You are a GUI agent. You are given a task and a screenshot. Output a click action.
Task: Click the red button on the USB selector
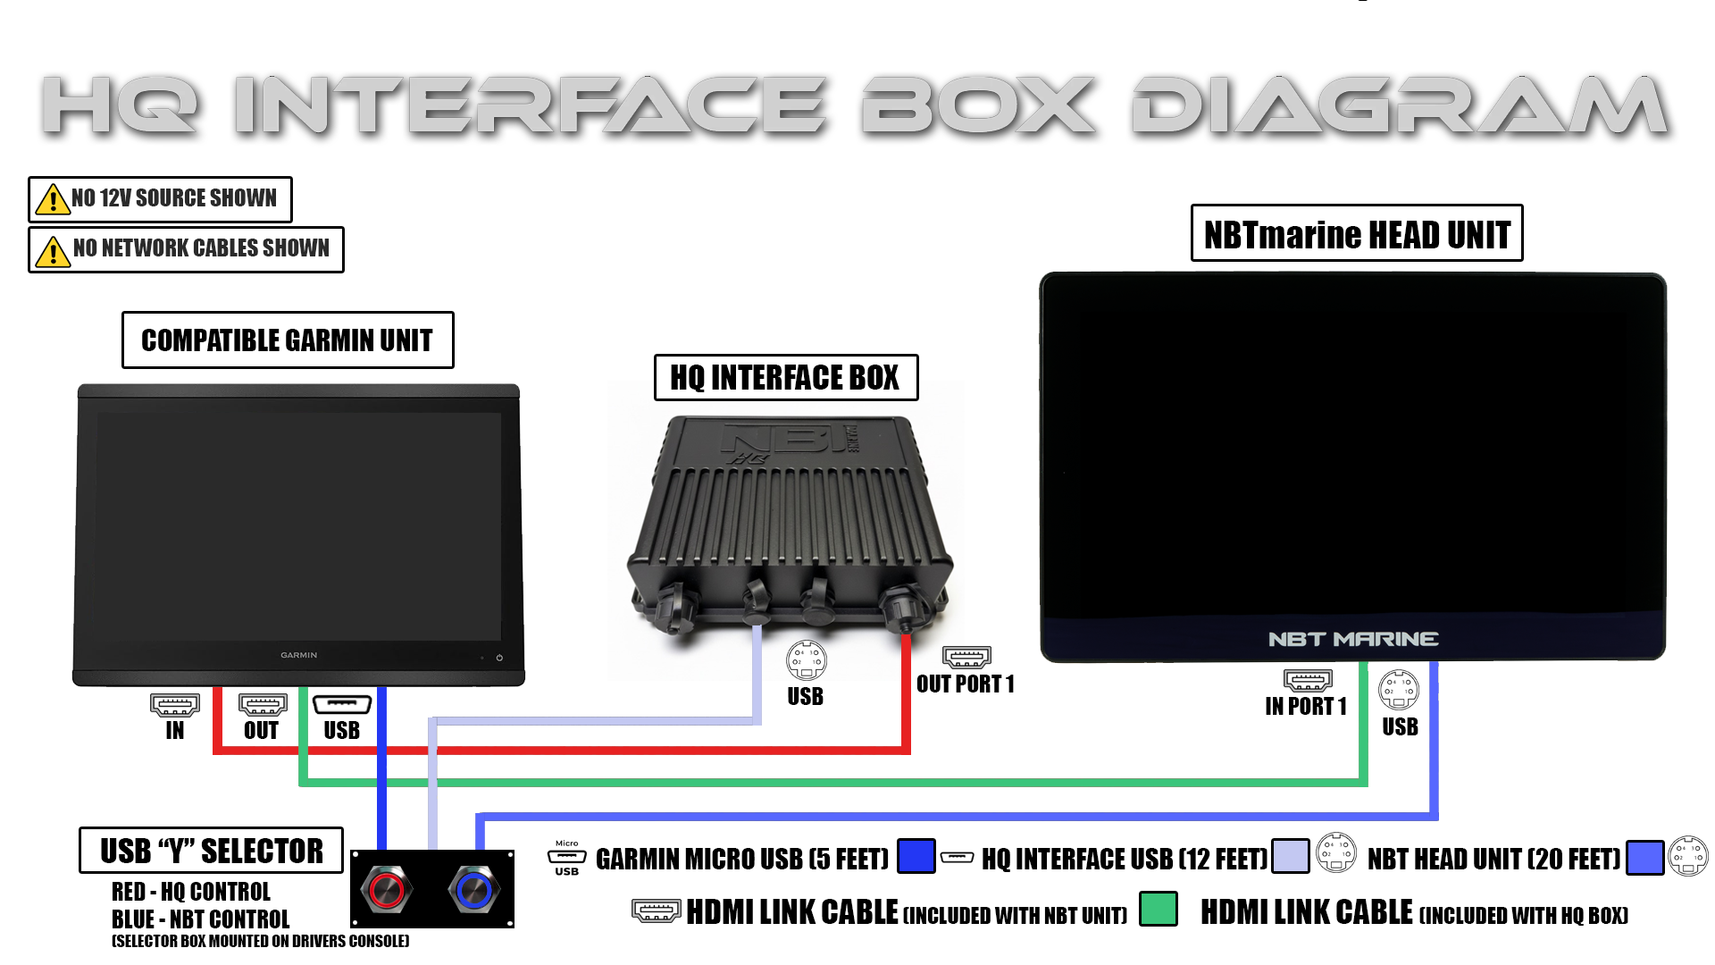tap(386, 890)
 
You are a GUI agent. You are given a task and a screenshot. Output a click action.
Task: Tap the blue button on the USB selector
tap(473, 890)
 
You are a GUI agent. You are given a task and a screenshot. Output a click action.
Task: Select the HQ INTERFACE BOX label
tap(785, 378)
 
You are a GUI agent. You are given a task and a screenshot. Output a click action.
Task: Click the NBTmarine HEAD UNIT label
tap(1356, 234)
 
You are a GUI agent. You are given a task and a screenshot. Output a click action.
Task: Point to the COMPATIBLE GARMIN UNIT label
tap(288, 340)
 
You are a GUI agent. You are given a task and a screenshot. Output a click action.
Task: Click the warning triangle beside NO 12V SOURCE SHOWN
tap(53, 199)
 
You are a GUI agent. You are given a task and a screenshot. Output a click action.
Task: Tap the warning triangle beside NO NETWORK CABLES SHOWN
tap(53, 251)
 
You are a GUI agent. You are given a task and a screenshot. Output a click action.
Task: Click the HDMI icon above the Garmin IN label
tap(175, 705)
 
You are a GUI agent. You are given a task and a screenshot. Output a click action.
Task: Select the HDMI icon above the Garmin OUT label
tap(263, 705)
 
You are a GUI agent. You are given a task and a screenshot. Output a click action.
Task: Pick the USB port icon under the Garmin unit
tap(342, 705)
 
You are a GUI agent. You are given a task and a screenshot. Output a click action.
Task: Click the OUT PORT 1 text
tap(965, 684)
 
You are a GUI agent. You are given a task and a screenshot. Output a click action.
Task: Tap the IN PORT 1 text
tap(1305, 707)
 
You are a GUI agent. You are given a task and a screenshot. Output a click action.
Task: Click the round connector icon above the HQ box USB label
tap(806, 660)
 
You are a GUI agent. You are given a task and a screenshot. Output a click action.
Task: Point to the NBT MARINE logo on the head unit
tap(1352, 639)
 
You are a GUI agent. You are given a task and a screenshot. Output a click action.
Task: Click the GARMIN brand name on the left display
tap(298, 655)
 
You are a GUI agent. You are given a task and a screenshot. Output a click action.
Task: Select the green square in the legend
tap(1159, 909)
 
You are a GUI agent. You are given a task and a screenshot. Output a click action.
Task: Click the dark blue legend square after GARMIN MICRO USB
tap(916, 856)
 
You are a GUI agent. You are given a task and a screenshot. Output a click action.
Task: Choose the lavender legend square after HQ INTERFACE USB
tap(1290, 856)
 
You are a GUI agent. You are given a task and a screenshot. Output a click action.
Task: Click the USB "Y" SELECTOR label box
tap(211, 851)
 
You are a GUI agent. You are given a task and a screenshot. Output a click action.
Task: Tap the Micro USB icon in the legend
tap(566, 858)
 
